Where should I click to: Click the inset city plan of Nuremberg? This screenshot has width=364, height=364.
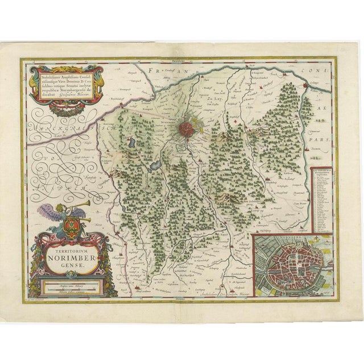pos(292,263)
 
